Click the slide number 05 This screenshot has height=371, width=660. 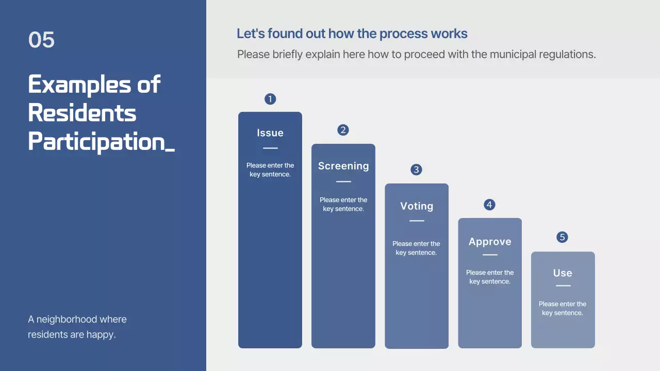(x=41, y=40)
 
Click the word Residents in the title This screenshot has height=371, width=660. (x=82, y=113)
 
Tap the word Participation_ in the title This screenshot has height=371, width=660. (x=102, y=142)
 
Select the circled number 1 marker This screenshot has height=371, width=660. (x=270, y=99)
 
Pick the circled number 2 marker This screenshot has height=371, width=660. (x=343, y=130)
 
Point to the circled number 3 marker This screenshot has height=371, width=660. (x=416, y=170)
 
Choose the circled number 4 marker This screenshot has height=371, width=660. (x=489, y=205)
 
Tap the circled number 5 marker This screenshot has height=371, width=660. (x=562, y=237)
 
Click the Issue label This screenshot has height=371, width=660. (x=270, y=133)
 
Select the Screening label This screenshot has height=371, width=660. (x=343, y=166)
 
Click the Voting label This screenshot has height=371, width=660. (x=417, y=207)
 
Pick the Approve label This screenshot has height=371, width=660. (x=490, y=242)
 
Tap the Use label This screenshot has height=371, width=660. (x=563, y=273)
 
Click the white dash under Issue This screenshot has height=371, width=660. (x=270, y=148)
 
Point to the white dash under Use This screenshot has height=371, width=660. (x=563, y=285)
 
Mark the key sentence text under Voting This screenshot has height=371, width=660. (x=416, y=248)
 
